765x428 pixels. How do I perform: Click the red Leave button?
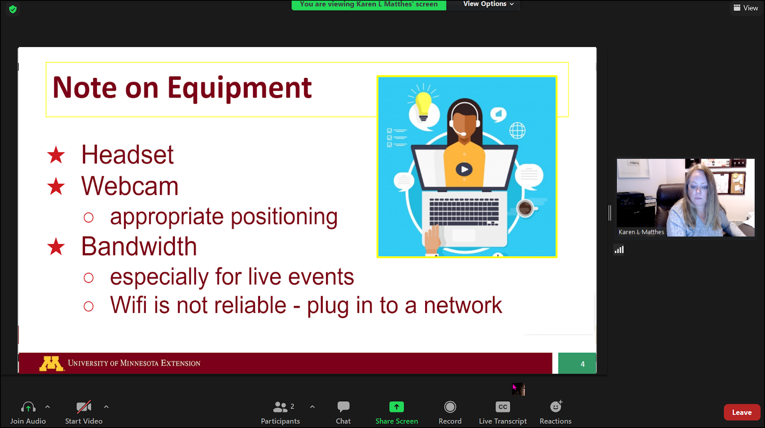click(742, 412)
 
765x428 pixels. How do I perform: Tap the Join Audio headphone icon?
click(28, 407)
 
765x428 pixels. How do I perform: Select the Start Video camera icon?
click(83, 407)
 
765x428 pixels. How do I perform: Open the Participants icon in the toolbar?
click(280, 407)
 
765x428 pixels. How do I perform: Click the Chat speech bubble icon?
click(343, 407)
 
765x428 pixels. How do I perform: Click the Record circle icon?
click(450, 407)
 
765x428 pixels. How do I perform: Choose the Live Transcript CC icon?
click(503, 407)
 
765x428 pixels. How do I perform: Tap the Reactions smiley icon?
click(556, 407)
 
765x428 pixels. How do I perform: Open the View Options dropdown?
click(488, 4)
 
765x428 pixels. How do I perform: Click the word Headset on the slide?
click(127, 155)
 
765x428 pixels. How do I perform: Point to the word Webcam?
click(130, 186)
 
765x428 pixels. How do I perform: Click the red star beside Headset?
click(56, 155)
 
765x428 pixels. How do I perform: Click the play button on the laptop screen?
click(464, 169)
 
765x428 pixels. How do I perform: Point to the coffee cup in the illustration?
click(525, 208)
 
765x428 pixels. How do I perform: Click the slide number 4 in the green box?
click(583, 364)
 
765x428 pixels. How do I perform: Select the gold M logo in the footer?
click(51, 364)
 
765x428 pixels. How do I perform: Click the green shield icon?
click(13, 9)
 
